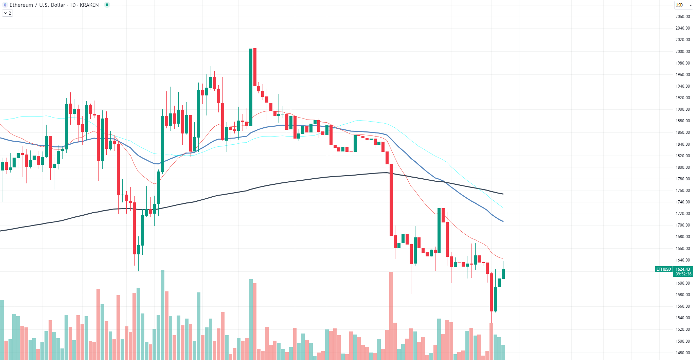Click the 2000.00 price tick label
coord(682,51)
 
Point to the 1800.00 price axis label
coord(682,167)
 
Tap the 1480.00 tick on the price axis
coord(682,353)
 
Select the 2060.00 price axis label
coord(682,16)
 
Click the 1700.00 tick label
coord(682,225)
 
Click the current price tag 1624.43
coord(682,269)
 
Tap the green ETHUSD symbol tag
coord(663,269)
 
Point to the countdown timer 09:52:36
coord(683,274)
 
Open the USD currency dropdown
coord(683,5)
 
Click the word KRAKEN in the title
coord(89,5)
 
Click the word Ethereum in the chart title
coord(21,5)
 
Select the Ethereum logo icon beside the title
coord(5,5)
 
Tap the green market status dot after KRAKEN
coord(107,5)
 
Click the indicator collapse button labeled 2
coord(7,13)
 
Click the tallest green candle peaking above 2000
coord(251,87)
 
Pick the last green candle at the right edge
coord(503,274)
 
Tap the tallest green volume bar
coord(163,314)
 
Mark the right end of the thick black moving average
coord(503,194)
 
